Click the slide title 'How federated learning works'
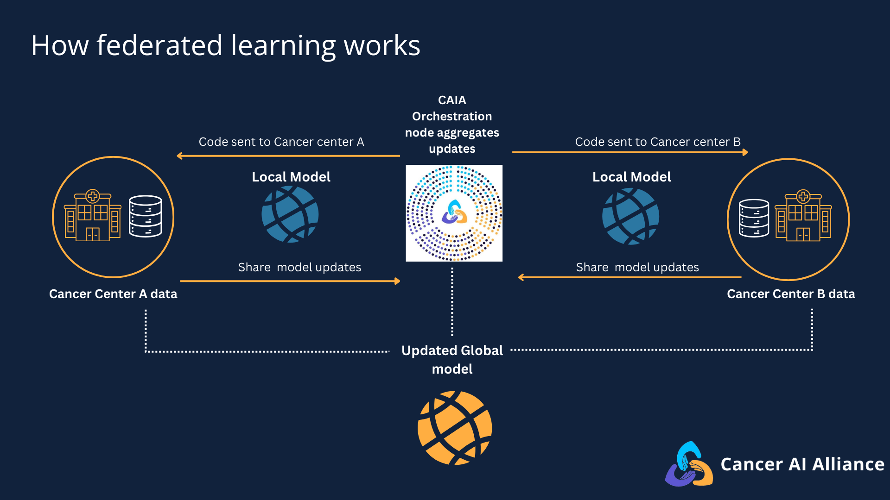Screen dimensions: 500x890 (225, 45)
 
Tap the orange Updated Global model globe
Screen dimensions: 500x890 (454, 428)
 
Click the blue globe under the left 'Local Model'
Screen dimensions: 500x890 (290, 214)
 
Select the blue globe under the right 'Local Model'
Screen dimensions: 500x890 (630, 216)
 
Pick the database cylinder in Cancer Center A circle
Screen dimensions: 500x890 (146, 216)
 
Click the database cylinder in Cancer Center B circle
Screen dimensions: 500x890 (754, 218)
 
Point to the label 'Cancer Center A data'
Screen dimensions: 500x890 (113, 294)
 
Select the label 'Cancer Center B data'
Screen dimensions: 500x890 (791, 294)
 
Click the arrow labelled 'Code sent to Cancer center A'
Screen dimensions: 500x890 (288, 156)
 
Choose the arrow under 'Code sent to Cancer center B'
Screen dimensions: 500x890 (629, 152)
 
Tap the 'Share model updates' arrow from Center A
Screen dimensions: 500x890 (290, 281)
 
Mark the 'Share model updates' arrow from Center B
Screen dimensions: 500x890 (629, 277)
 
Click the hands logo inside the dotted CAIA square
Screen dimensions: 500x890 (454, 212)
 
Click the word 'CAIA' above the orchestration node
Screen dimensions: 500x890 (452, 100)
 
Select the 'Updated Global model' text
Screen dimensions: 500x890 (452, 360)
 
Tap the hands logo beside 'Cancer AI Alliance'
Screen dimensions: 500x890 (689, 464)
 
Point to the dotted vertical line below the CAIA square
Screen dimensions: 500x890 (452, 301)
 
